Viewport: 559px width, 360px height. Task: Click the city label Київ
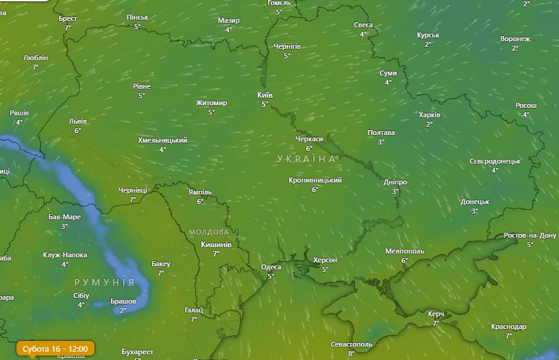[x=265, y=95]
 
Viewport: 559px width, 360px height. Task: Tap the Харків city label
[x=429, y=115]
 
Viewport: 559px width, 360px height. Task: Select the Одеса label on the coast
[x=271, y=267]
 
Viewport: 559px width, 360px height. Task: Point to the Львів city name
[x=77, y=121]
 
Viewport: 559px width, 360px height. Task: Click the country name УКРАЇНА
[x=307, y=159]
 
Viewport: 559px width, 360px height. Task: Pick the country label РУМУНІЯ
[x=104, y=282]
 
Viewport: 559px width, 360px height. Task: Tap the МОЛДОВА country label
[x=209, y=232]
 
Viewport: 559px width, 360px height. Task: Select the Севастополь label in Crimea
[x=351, y=344]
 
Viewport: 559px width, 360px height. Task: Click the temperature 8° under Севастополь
[x=351, y=353]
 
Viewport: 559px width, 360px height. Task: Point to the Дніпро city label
[x=395, y=183]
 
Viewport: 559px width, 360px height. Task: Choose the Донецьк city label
[x=475, y=202]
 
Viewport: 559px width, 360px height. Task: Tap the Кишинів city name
[x=216, y=245]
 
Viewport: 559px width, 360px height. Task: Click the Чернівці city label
[x=132, y=190]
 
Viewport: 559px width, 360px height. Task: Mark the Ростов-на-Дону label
[x=530, y=236]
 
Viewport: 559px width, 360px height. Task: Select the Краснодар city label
[x=508, y=327]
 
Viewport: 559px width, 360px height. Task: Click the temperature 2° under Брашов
[x=123, y=310]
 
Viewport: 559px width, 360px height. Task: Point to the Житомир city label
[x=211, y=103]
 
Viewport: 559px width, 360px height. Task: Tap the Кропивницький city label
[x=315, y=181]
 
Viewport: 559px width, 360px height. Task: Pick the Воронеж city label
[x=515, y=39]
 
